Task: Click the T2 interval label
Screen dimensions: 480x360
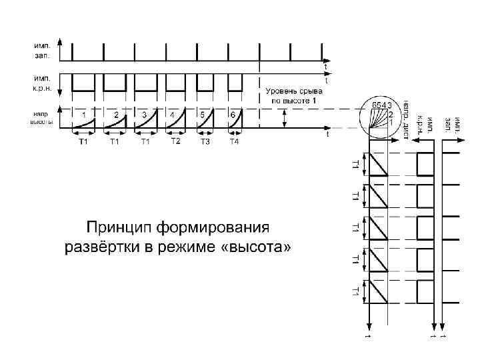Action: (x=175, y=141)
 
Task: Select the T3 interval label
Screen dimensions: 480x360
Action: (x=205, y=142)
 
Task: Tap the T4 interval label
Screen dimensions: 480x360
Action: (x=235, y=142)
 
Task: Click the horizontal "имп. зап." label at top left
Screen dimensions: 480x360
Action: (x=41, y=49)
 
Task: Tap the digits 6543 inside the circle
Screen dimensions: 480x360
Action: (x=381, y=105)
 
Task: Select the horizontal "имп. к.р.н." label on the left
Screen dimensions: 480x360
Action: (x=43, y=83)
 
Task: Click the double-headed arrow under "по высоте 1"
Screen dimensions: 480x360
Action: (x=285, y=119)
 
